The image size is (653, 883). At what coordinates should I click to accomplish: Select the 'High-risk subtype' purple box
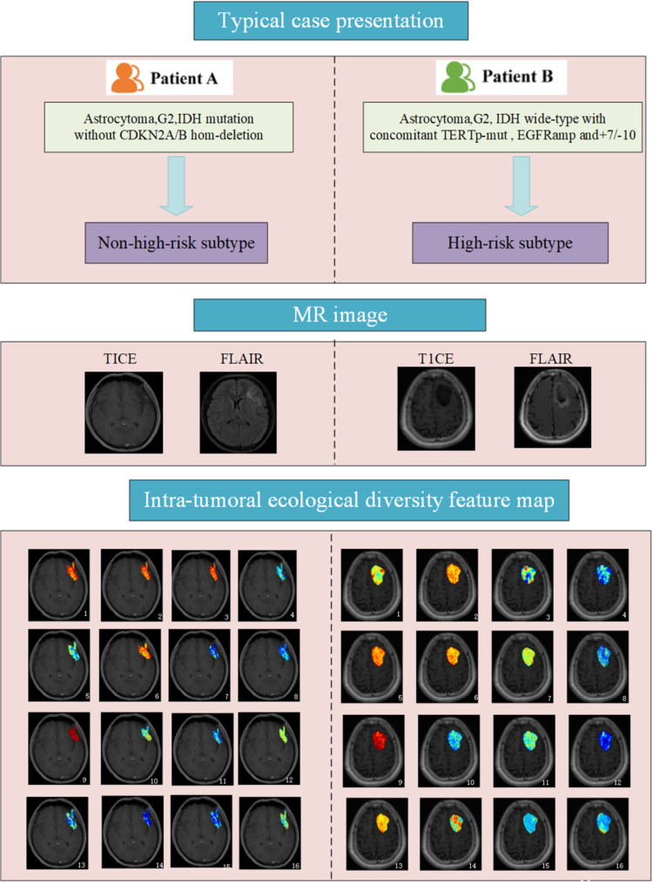[497, 244]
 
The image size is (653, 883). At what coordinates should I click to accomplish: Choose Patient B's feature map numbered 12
[599, 744]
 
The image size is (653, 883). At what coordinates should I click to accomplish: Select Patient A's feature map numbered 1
[59, 579]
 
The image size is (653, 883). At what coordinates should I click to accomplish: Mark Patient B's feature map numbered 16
[599, 827]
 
